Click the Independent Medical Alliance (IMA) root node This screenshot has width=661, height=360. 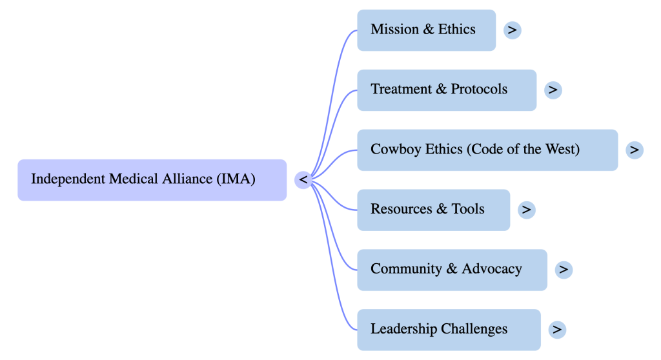[152, 179]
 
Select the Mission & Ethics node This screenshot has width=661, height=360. [426, 30]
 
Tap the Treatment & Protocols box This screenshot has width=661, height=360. [446, 90]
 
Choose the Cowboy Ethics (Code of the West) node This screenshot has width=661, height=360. [487, 150]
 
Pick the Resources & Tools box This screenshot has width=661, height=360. [433, 210]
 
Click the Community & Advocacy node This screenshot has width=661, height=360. [452, 270]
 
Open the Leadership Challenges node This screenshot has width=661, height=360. [449, 330]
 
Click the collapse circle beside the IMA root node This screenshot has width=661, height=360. [303, 179]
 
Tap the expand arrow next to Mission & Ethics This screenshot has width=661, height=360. [513, 30]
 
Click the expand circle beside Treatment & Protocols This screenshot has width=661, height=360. [553, 90]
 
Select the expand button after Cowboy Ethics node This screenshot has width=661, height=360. [635, 150]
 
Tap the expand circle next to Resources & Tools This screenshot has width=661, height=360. [527, 210]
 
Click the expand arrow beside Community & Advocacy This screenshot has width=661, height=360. [564, 270]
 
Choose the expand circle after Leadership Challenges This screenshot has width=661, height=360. [557, 330]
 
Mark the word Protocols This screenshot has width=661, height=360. [479, 90]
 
